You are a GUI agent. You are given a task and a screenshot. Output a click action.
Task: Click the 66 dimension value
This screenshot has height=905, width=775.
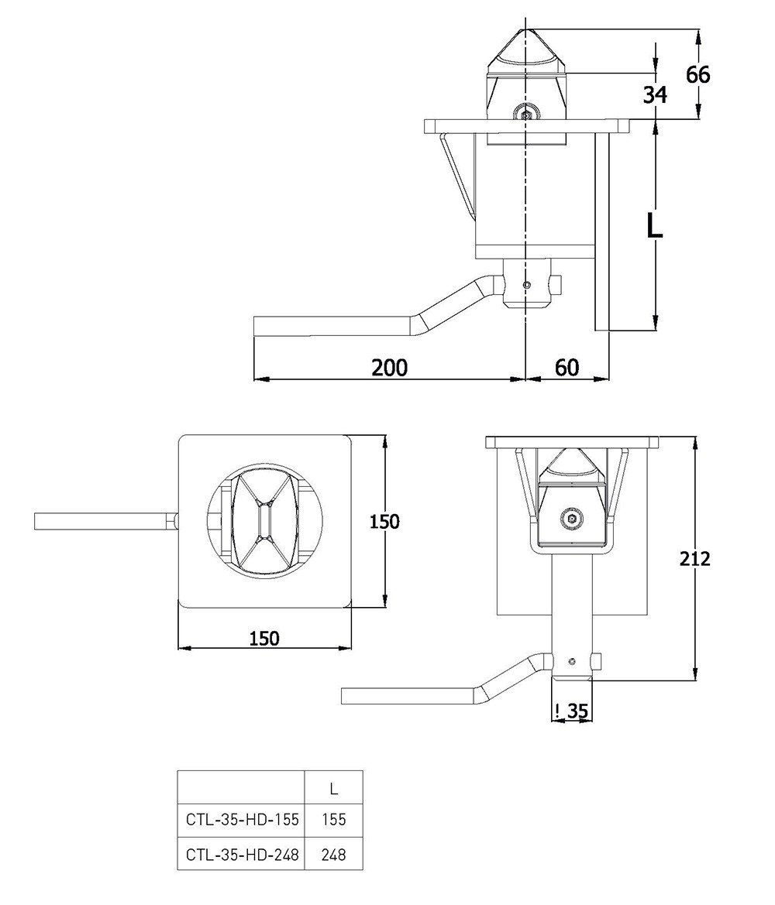tap(697, 75)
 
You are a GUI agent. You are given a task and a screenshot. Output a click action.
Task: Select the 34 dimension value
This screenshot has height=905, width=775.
tap(655, 94)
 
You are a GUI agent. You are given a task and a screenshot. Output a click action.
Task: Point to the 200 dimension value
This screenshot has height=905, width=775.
tap(389, 367)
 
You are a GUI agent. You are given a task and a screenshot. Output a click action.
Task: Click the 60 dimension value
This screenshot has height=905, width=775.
tap(567, 367)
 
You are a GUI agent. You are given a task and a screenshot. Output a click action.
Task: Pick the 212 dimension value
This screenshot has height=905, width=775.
tap(694, 558)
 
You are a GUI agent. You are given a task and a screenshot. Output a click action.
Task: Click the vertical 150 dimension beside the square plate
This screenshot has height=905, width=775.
tap(384, 522)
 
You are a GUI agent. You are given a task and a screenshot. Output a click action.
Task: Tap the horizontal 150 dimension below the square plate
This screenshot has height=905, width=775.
tap(265, 638)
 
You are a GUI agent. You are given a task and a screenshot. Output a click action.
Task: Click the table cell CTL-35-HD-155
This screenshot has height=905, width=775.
tap(241, 818)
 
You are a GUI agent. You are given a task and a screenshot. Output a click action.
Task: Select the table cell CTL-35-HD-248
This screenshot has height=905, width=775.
tap(241, 855)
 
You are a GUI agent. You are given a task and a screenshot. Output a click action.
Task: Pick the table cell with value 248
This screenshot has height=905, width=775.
tap(333, 855)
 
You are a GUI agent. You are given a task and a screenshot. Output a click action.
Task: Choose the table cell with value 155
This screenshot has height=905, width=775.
tap(333, 818)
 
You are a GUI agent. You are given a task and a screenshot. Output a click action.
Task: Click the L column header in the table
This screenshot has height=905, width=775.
tap(333, 790)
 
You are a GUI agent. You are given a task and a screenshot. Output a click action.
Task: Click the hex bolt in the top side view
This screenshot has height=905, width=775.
tap(526, 115)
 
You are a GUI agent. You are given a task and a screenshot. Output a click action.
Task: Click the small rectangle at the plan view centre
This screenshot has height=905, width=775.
tap(265, 522)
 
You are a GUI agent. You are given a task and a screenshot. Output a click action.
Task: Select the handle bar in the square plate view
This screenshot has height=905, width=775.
tap(105, 521)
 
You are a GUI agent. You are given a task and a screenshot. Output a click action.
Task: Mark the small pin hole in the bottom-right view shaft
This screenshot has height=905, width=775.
tap(571, 662)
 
